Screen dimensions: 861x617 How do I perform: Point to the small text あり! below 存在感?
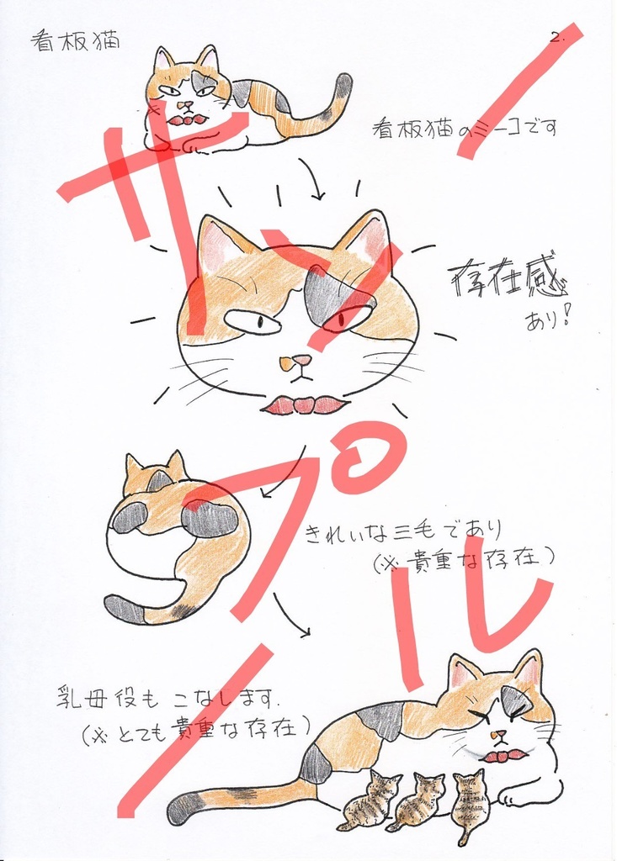tap(548, 320)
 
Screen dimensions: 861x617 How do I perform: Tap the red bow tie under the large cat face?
tap(304, 405)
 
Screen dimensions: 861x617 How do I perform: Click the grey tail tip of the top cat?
tap(343, 85)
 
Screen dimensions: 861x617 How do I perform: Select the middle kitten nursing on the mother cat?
tap(420, 799)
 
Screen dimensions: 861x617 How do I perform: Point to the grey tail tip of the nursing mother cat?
tap(183, 808)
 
